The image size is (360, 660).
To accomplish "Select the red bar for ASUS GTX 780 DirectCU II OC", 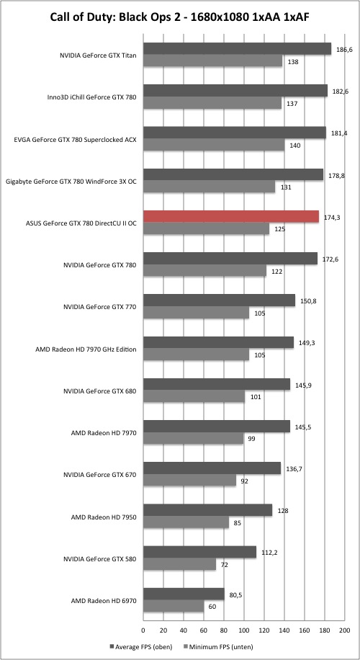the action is [231, 216].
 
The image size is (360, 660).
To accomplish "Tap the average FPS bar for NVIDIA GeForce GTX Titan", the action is [237, 48].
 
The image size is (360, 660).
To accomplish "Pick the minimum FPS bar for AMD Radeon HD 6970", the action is [174, 606].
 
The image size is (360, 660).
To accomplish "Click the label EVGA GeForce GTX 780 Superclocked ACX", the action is [76, 139].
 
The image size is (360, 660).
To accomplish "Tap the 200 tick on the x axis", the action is [344, 630].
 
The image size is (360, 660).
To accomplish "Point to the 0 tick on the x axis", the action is [143, 630].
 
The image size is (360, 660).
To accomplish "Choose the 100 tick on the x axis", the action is [244, 630].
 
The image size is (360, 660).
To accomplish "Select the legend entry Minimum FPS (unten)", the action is [217, 646].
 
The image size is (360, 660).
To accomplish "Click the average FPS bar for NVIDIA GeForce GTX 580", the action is [199, 552].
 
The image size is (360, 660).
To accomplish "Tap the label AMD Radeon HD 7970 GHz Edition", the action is [86, 349].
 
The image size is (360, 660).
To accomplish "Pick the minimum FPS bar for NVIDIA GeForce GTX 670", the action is [189, 480].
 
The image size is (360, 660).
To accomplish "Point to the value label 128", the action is [283, 511].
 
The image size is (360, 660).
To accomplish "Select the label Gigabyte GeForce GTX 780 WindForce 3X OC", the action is [71, 182].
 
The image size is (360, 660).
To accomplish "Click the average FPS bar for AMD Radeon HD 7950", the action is [208, 510].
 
